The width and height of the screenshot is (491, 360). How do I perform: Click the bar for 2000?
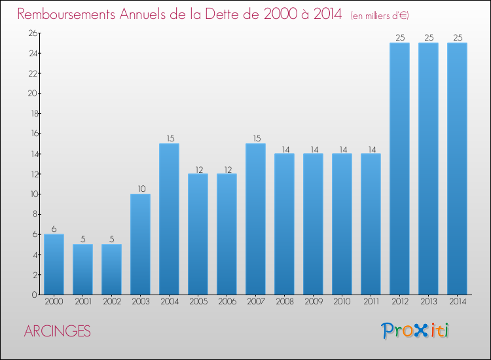54,264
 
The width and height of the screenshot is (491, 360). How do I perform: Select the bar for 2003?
140,244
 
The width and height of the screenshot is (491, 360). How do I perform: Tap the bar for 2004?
169,219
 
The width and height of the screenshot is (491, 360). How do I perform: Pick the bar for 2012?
399,169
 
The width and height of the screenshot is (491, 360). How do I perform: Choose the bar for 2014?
457,169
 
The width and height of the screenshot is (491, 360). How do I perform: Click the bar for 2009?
313,224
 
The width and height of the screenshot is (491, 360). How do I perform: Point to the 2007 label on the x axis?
255,302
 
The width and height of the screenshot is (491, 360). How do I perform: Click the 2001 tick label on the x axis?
82,302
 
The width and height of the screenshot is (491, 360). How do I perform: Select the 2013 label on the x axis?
428,302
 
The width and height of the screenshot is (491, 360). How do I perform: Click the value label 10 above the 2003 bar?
140,189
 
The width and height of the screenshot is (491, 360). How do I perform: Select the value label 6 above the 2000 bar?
54,229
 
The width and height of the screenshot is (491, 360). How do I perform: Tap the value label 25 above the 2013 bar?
428,38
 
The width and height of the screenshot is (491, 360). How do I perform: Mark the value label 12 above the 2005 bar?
198,169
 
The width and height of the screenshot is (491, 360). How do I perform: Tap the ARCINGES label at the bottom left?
58,331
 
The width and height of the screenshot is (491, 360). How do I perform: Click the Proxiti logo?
415,331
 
